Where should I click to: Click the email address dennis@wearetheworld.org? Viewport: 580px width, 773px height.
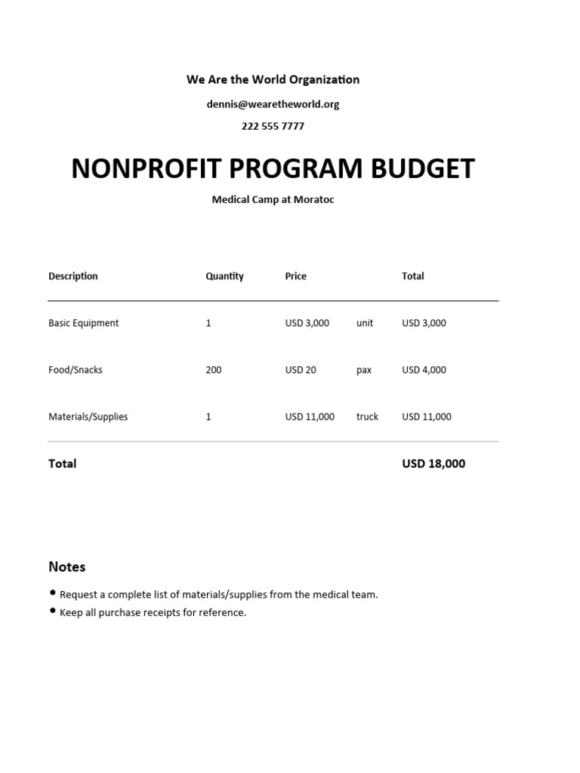273,104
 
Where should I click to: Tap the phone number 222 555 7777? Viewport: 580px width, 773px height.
273,126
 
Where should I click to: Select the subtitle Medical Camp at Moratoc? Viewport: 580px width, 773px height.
273,200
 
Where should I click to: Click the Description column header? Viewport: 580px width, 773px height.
73,276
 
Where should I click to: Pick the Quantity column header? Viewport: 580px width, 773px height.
224,276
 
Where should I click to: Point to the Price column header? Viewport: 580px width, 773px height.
295,276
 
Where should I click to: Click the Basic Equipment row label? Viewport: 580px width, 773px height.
83,323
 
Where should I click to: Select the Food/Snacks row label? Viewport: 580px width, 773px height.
76,370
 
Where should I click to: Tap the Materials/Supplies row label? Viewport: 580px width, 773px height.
88,417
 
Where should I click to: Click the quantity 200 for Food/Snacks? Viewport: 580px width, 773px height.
214,370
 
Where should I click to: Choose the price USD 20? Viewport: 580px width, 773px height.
301,370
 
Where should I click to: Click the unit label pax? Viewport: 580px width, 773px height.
364,370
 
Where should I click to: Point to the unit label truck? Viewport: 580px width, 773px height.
367,417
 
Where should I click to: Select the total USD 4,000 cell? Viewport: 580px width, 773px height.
424,370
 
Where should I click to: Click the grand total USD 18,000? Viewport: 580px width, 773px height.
433,463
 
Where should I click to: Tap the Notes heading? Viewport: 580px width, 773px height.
67,567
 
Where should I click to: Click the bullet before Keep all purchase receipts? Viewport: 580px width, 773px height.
53,611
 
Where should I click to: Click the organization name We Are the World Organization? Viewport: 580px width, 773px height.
273,79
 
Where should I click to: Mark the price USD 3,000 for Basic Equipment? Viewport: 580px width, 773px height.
307,323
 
